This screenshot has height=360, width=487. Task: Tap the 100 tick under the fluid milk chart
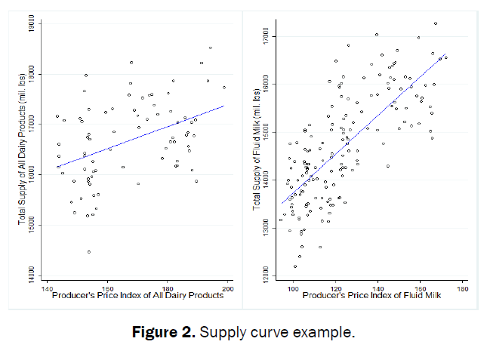point(294,288)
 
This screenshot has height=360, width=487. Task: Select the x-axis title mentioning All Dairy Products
point(138,295)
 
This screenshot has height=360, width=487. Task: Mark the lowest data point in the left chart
point(88,252)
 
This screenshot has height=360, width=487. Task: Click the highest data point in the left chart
point(211,48)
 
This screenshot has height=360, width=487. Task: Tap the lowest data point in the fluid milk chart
point(295,266)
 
